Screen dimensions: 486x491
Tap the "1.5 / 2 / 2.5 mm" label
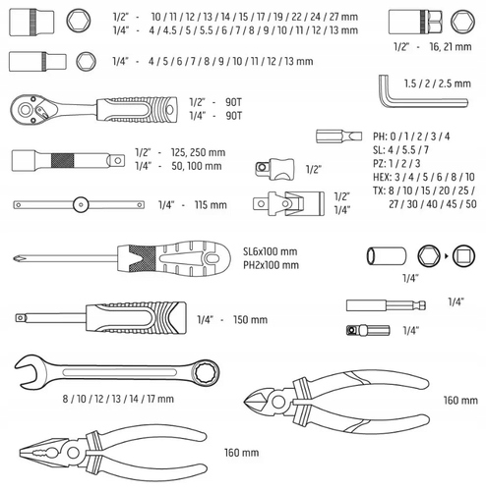[x=438, y=83]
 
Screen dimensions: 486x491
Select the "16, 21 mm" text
[x=451, y=47]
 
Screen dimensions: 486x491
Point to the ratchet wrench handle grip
[x=137, y=110]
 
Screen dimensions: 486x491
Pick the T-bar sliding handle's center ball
[x=81, y=205]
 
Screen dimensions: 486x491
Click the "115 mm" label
[x=211, y=205]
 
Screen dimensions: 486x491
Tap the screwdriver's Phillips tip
[x=17, y=259]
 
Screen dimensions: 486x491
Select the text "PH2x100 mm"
[x=271, y=265]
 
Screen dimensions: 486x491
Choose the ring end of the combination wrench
[x=206, y=373]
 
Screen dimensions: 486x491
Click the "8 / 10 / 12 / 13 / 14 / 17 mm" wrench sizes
[x=118, y=399]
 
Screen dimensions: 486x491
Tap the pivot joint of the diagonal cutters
[x=278, y=402]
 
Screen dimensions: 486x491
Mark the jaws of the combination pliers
[x=42, y=453]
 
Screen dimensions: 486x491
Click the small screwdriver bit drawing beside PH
[x=339, y=136]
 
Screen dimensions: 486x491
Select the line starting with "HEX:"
[x=424, y=177]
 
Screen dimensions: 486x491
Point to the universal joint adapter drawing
[x=288, y=204]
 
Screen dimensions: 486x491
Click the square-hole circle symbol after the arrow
[x=463, y=256]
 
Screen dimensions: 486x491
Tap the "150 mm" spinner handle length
[x=250, y=320]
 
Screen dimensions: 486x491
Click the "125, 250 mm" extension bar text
[x=198, y=152]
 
